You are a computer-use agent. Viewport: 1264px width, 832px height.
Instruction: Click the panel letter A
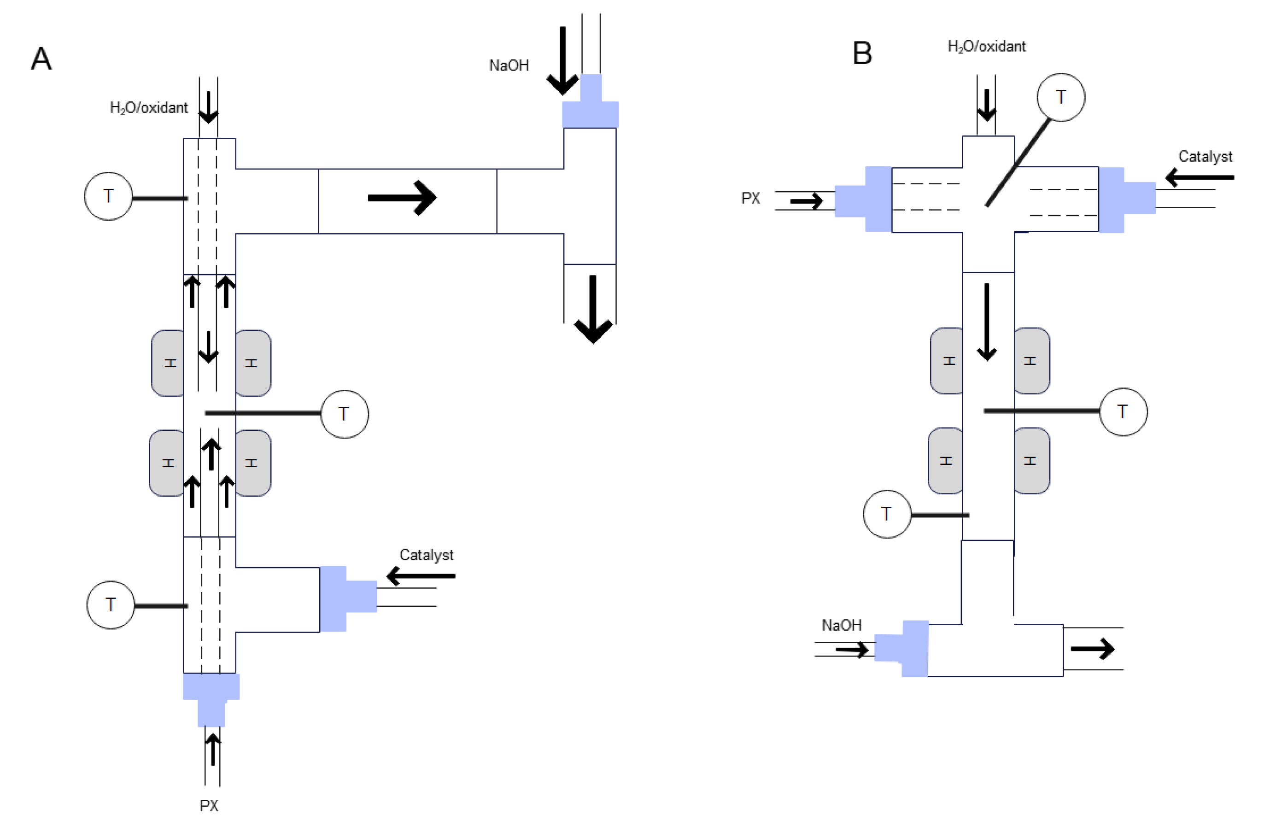(41, 59)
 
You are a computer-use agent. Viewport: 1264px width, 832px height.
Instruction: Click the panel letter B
(862, 53)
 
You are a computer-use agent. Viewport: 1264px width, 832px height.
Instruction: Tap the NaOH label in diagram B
(841, 625)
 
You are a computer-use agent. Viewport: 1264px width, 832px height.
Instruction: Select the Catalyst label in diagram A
(426, 555)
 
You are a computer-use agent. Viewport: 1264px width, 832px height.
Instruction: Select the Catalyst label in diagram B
(1205, 156)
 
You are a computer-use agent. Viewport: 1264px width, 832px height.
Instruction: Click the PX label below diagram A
(209, 805)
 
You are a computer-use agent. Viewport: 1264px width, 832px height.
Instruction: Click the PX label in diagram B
(750, 198)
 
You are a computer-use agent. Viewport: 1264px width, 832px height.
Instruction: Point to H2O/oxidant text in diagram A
(149, 108)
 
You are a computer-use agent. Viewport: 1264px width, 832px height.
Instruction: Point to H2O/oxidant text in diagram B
(986, 47)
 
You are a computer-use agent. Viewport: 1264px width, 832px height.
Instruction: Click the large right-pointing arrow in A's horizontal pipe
(402, 198)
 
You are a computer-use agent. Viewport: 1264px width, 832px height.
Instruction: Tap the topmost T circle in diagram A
(108, 196)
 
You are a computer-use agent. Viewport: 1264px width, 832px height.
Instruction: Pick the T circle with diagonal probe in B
(1060, 97)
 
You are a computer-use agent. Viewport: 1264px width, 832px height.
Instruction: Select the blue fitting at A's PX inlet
(211, 697)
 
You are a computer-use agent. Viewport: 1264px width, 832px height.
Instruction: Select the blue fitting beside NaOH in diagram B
(903, 648)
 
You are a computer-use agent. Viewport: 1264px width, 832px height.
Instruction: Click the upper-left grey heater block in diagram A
(168, 363)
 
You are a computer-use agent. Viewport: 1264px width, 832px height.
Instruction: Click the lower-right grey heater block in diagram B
(1031, 461)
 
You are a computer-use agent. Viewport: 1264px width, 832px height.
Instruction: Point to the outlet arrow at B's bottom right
(1093, 649)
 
